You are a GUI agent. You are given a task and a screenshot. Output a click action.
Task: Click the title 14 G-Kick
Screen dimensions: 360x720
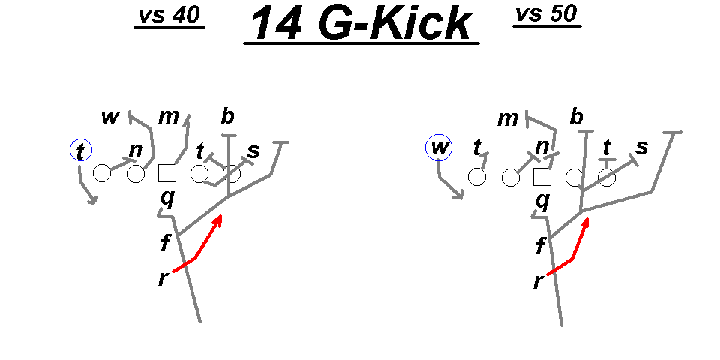click(361, 24)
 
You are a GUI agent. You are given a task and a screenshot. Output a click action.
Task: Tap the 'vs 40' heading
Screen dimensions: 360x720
click(169, 16)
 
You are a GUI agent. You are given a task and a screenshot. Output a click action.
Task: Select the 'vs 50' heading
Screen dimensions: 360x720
click(547, 14)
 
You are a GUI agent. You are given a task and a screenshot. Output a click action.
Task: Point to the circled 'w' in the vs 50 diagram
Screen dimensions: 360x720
click(439, 148)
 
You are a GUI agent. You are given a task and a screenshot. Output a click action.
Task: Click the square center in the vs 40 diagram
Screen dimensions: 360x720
click(167, 174)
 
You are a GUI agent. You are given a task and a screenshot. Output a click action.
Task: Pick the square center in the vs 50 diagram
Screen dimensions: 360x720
click(542, 177)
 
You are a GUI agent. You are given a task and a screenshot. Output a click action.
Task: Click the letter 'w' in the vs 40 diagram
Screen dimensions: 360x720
click(110, 117)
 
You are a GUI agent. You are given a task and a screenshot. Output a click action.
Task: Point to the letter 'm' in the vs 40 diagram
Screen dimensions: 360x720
click(169, 117)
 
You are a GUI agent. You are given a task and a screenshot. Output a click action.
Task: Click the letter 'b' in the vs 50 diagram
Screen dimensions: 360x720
click(576, 117)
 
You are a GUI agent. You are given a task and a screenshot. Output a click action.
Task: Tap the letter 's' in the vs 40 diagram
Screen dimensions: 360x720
click(253, 151)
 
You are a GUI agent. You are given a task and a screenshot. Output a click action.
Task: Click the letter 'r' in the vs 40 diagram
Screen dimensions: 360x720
click(163, 279)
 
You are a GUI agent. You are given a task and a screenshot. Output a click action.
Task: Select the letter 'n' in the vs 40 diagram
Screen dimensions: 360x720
click(136, 151)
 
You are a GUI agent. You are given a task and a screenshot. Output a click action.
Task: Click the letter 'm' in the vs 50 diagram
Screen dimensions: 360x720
click(508, 118)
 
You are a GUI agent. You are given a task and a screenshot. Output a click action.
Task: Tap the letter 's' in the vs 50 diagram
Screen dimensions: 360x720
click(642, 148)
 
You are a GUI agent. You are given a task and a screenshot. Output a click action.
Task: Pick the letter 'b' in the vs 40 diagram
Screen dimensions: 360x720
click(227, 117)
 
